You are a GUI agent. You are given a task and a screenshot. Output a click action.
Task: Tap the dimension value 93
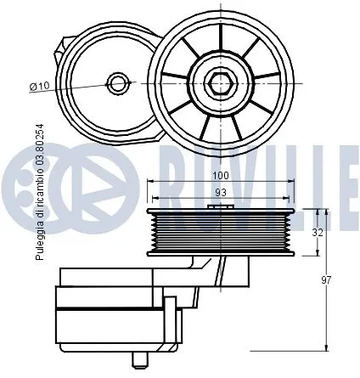[x=221, y=193]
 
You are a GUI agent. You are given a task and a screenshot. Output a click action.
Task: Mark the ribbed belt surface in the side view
[x=221, y=232]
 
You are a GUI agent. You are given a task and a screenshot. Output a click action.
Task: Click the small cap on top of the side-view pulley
[x=221, y=205]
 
